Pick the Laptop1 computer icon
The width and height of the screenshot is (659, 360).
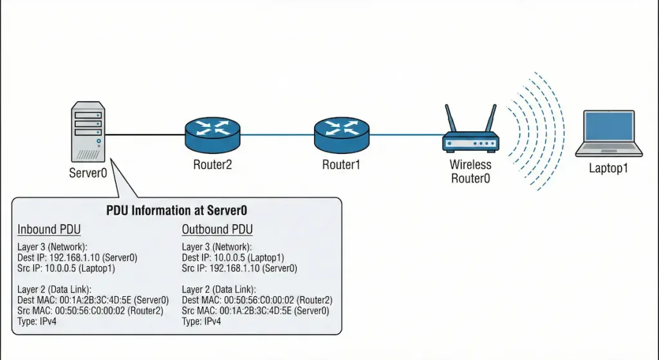[x=609, y=133]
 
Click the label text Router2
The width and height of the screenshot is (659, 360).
[x=212, y=165]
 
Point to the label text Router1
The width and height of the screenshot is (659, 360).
[x=341, y=165]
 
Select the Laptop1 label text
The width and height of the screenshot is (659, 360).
[x=608, y=169]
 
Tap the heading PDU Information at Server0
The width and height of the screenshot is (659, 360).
[x=176, y=210]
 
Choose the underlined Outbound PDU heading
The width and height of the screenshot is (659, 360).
[x=217, y=229]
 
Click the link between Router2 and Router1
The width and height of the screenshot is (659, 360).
[x=277, y=135]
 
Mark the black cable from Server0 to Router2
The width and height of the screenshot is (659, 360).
[x=144, y=135]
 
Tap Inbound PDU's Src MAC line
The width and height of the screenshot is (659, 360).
[x=90, y=310]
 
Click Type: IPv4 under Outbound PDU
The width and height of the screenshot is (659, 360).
[x=201, y=321]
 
